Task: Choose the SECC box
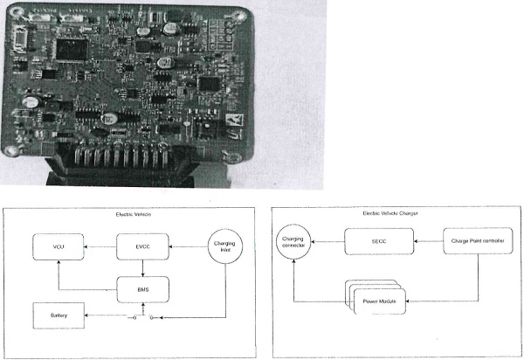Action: [378, 241]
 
